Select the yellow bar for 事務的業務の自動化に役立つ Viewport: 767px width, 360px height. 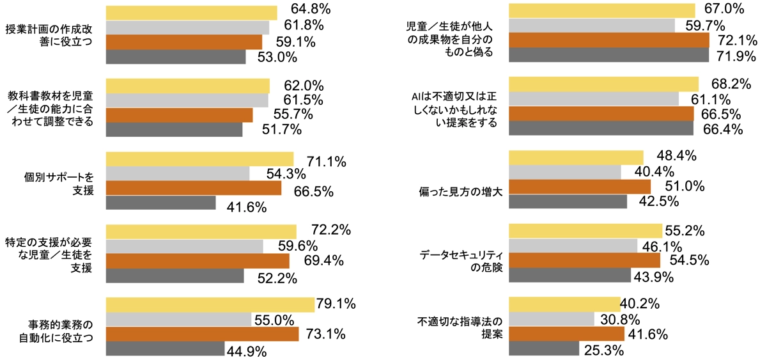[210, 304]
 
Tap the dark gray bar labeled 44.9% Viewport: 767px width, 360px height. [165, 348]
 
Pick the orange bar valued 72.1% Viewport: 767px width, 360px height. [608, 40]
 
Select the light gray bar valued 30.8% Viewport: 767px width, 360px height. [551, 318]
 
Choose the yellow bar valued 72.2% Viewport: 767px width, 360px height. [201, 231]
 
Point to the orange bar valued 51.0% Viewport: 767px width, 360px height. [579, 186]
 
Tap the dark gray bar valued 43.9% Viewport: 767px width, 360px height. [569, 275]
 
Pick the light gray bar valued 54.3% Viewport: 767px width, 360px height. [177, 173]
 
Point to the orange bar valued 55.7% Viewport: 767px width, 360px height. [179, 114]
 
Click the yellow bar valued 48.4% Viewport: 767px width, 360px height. [575, 157]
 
